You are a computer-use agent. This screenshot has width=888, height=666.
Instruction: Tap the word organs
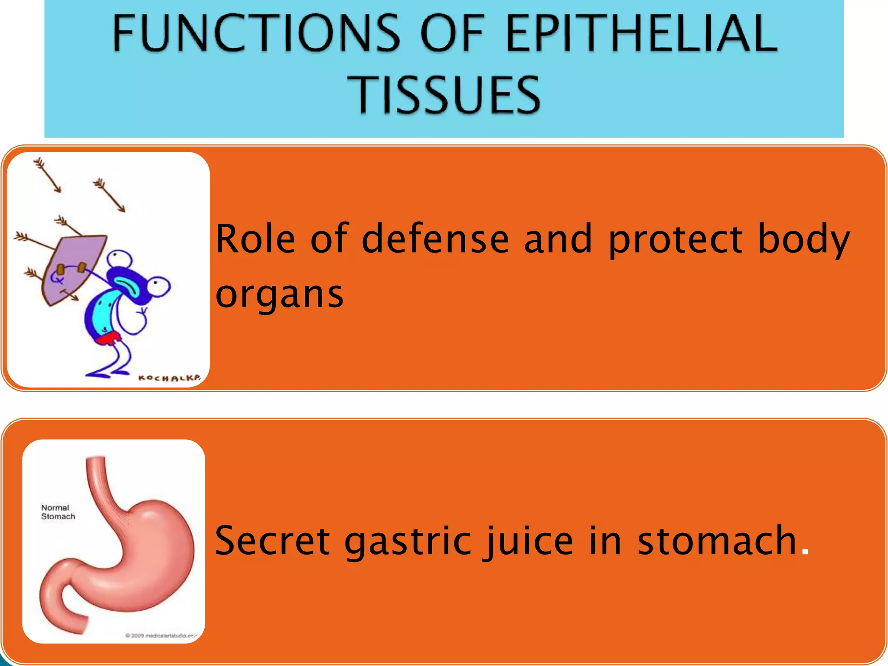[279, 295]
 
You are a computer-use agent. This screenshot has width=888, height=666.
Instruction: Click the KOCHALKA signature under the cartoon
[169, 378]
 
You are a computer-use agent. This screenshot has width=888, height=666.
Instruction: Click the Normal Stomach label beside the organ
[58, 512]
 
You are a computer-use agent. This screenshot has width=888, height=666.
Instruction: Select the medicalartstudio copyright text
[161, 636]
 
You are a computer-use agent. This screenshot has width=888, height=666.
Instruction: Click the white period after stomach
[805, 552]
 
